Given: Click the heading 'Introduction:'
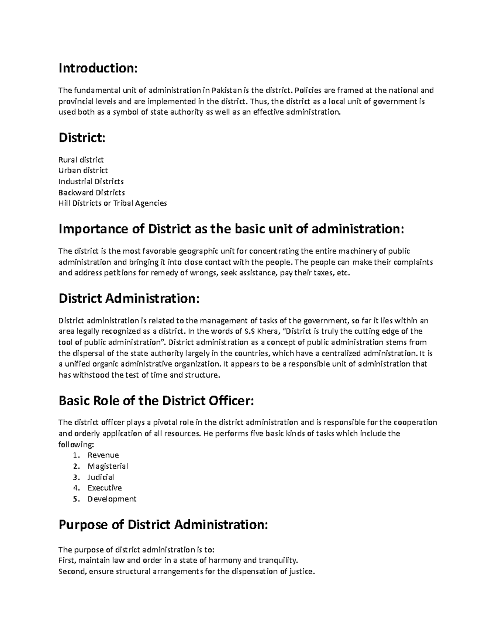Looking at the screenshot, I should click(x=97, y=68).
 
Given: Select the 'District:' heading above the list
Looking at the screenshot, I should click(x=82, y=137).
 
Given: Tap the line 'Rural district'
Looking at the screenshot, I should click(x=81, y=160).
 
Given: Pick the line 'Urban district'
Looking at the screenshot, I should click(x=83, y=171).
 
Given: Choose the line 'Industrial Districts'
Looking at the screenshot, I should click(x=91, y=181).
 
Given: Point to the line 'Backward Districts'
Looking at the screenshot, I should click(x=92, y=193).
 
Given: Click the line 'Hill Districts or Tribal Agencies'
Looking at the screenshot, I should click(x=113, y=203).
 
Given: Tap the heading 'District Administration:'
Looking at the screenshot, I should click(x=129, y=299).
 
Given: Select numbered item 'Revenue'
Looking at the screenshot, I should click(x=103, y=455).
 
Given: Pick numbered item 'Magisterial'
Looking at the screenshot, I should click(x=108, y=466).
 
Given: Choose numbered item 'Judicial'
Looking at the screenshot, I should click(x=101, y=477).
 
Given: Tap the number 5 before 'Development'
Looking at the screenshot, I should click(x=75, y=499).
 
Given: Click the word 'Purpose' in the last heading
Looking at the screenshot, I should click(x=83, y=525).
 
